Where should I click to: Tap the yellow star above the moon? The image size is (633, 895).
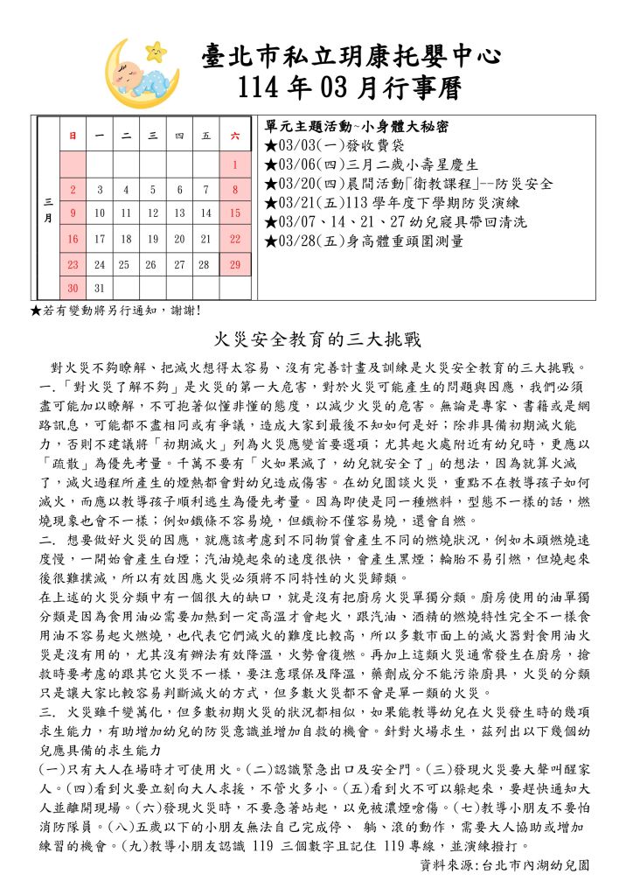point(157,50)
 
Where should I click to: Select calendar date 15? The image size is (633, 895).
point(234,213)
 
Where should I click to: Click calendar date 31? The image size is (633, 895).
point(99,288)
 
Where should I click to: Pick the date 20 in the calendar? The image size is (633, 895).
point(179,238)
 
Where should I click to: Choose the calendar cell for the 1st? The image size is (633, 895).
point(234,164)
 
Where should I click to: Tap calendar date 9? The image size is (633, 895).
point(73,213)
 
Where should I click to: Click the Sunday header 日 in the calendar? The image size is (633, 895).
point(73,136)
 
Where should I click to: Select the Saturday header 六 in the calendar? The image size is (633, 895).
point(234,136)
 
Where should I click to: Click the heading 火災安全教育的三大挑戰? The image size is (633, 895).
point(316,339)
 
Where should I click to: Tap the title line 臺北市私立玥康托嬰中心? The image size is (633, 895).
point(351,57)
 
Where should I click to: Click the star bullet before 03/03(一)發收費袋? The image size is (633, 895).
point(271,144)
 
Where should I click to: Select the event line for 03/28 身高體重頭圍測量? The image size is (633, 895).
point(364,241)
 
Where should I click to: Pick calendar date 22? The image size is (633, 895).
point(234,238)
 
